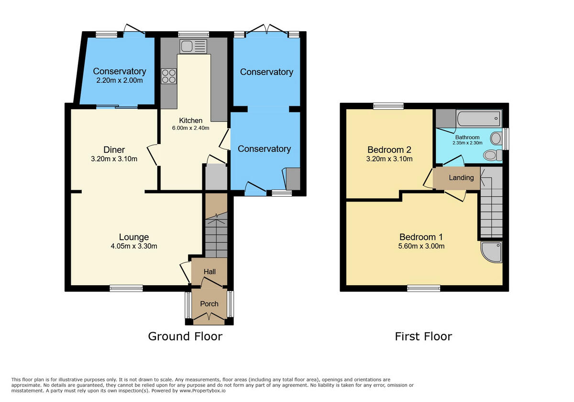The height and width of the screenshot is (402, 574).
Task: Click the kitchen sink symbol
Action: point(193,46)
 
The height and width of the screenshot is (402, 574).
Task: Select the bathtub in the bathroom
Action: point(478,118)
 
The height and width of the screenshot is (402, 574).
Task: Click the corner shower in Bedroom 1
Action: point(491,252)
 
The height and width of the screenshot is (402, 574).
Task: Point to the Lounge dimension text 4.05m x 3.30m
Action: point(134,246)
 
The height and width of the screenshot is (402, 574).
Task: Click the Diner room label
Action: point(114,149)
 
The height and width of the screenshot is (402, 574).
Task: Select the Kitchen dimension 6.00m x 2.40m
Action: point(191,128)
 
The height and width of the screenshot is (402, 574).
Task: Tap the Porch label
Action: point(209,304)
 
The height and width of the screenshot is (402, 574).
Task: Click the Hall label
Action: point(210,272)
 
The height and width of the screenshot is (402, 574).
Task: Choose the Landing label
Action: point(461,178)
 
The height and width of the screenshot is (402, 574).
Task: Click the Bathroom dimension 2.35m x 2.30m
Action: point(467,143)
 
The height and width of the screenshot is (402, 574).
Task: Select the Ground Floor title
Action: point(185,336)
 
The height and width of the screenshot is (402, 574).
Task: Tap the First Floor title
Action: point(423,336)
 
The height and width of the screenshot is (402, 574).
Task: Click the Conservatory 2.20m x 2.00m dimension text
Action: point(120,80)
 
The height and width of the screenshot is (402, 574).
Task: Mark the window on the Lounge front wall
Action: point(126,288)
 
